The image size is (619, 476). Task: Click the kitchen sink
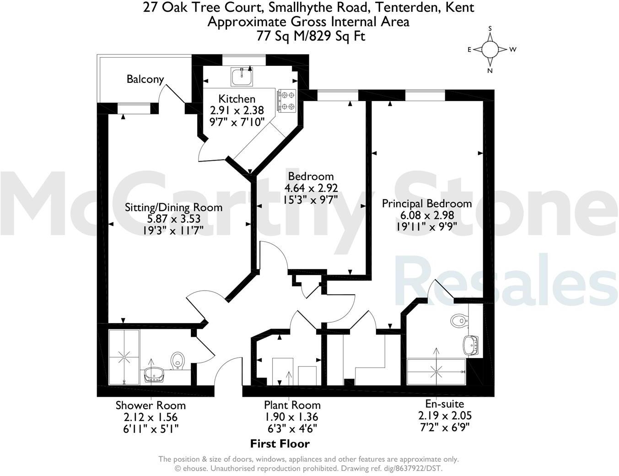coord(241,76)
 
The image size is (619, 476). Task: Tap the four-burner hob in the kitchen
coord(286,101)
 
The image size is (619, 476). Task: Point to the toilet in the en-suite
coord(458,320)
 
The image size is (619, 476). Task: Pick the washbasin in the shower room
coord(155,375)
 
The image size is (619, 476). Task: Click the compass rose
coord(490,49)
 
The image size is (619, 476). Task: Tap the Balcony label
coord(145,79)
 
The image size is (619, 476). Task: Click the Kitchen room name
coord(237,99)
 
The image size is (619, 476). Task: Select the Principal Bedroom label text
coord(426,204)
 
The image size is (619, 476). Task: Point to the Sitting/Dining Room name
coord(173,207)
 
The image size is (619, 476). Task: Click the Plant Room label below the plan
coord(292,405)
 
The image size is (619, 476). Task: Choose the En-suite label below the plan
coord(444,404)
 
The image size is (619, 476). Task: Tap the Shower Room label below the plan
coord(151,405)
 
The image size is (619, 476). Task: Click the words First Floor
coord(280,444)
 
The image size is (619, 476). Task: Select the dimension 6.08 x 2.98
coord(426,215)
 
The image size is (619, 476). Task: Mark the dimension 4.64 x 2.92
coord(311,188)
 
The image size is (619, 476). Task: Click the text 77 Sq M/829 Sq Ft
coord(311,36)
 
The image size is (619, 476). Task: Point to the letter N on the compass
coord(490,70)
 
